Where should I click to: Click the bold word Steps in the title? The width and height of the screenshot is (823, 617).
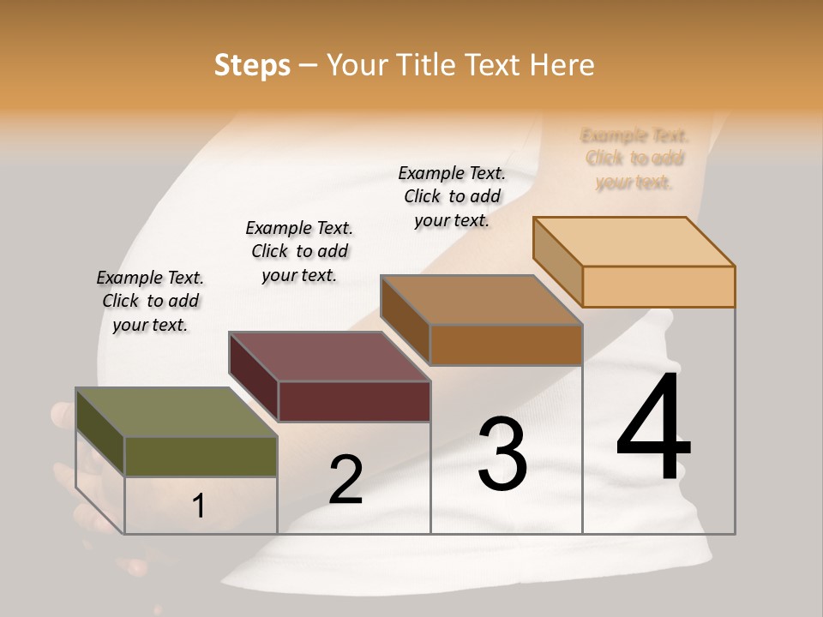(252, 65)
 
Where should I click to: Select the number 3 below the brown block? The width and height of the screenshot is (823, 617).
(502, 454)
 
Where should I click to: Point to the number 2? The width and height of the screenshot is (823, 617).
(345, 480)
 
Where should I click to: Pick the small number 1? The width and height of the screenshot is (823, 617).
(199, 506)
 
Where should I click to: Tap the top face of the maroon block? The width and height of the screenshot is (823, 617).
(329, 356)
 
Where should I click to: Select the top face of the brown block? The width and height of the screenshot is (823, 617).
(481, 300)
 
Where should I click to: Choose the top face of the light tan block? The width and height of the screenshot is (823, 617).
(634, 242)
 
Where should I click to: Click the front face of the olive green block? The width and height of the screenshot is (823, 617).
(201, 456)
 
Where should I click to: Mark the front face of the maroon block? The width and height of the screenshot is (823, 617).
(354, 401)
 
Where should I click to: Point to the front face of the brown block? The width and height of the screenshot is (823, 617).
(506, 344)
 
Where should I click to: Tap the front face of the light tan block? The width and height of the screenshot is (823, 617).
(658, 286)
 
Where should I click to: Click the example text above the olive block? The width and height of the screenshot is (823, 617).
(150, 301)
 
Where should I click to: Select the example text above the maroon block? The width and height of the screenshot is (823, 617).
(299, 251)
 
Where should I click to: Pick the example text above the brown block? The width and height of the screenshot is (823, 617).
(452, 196)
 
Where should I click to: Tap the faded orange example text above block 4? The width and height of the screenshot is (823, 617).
(634, 159)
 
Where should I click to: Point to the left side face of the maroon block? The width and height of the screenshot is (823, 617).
(254, 376)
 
